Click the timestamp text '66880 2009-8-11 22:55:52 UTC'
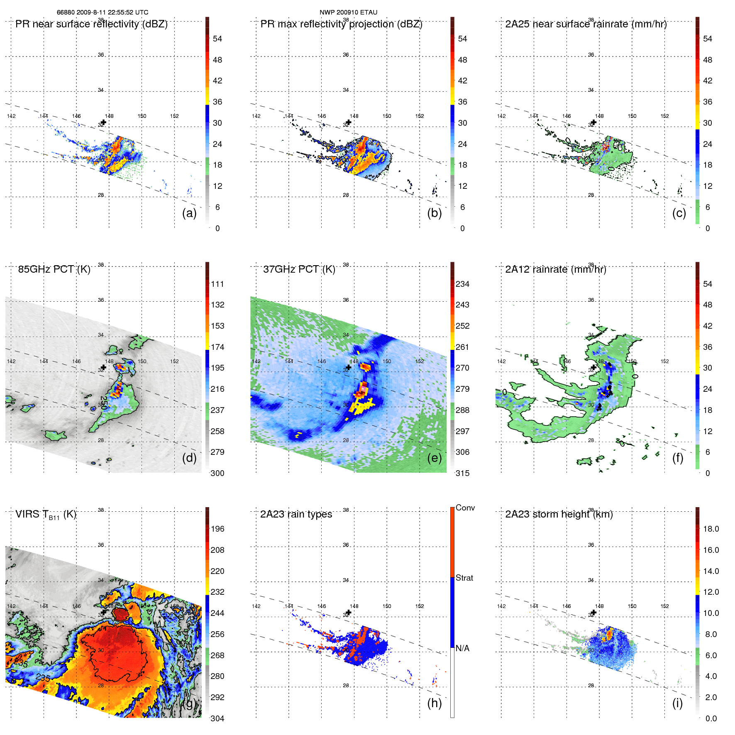102,12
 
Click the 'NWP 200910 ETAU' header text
348,12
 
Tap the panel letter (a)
189,213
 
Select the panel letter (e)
435,458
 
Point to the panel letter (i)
677,703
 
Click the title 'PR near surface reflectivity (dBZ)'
91,24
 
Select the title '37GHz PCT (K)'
299,269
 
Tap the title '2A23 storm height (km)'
559,514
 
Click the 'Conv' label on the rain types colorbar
465,508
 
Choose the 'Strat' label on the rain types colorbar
464,578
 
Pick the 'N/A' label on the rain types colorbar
462,648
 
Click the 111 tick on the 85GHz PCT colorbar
217,284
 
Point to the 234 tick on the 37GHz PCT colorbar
462,284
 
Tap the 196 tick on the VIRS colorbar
217,529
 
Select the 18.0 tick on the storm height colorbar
711,529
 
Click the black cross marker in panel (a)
103,122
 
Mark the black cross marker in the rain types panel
349,613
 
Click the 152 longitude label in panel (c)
664,116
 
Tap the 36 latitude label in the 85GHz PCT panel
101,300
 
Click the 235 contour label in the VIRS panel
43,677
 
